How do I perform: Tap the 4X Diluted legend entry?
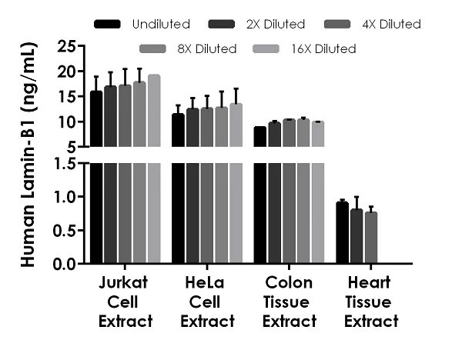[392, 25]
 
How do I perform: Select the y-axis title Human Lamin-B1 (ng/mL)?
[26, 154]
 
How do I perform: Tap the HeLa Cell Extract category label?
[207, 302]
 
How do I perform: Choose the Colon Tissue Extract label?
[290, 302]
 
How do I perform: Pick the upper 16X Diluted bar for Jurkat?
[154, 110]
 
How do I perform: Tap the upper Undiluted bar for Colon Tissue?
[260, 136]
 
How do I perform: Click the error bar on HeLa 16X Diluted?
[236, 95]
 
